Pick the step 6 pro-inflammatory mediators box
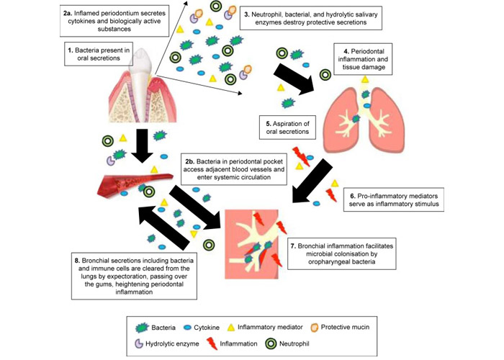pyautogui.click(x=385, y=199)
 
